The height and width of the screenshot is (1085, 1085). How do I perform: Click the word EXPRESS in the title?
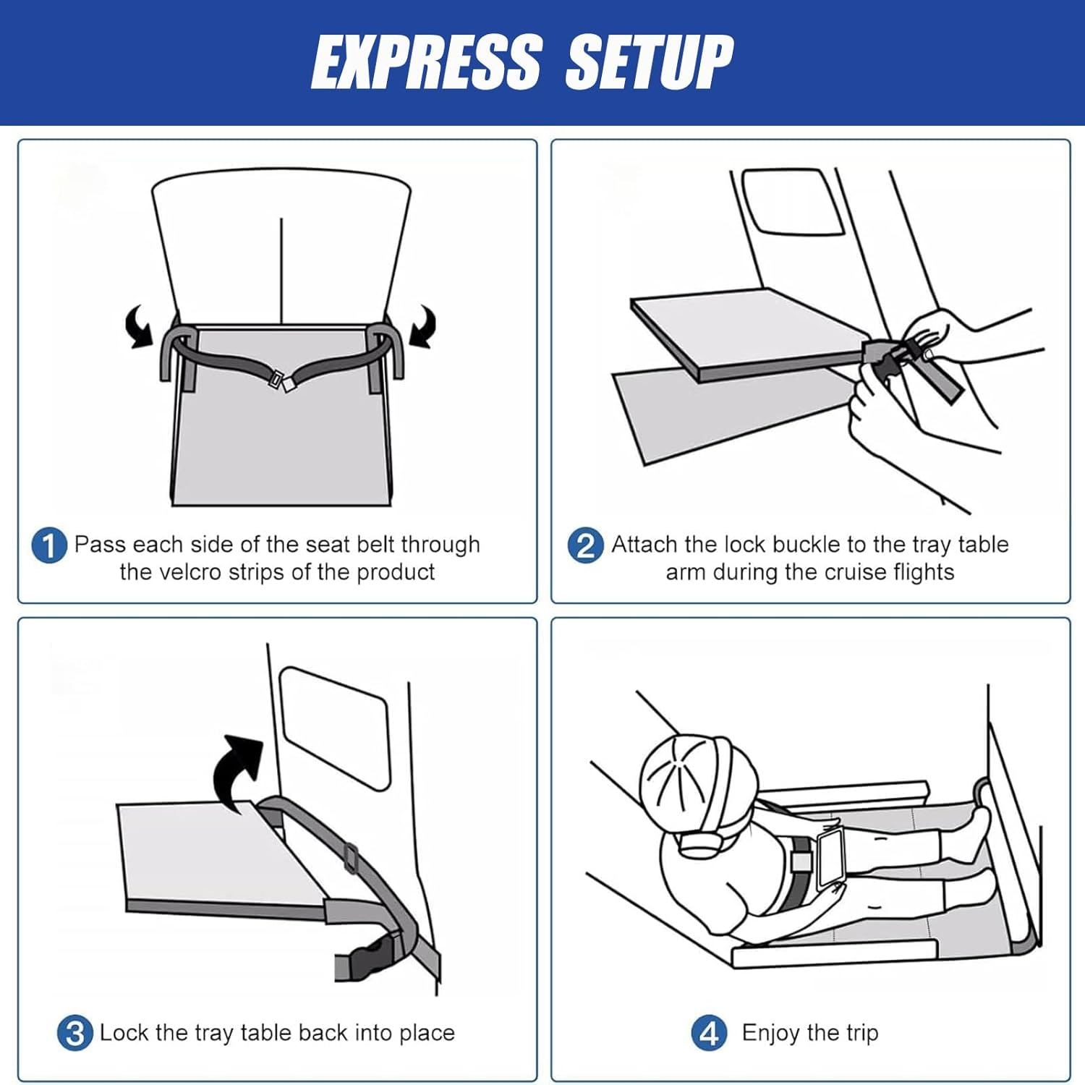click(x=427, y=62)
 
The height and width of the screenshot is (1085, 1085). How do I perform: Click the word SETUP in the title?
click(x=650, y=62)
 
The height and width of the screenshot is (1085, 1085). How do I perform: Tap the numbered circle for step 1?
click(x=49, y=545)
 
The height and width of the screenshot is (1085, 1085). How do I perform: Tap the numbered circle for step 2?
click(x=585, y=545)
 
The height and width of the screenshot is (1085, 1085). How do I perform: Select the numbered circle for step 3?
click(x=75, y=1033)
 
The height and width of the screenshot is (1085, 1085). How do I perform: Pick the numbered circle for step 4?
click(x=710, y=1033)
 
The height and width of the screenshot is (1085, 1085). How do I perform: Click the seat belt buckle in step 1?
click(x=281, y=381)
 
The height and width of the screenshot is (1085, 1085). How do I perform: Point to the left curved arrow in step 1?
click(x=140, y=326)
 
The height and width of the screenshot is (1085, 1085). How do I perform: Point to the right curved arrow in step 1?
click(x=423, y=326)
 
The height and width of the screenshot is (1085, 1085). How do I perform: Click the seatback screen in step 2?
click(x=793, y=202)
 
